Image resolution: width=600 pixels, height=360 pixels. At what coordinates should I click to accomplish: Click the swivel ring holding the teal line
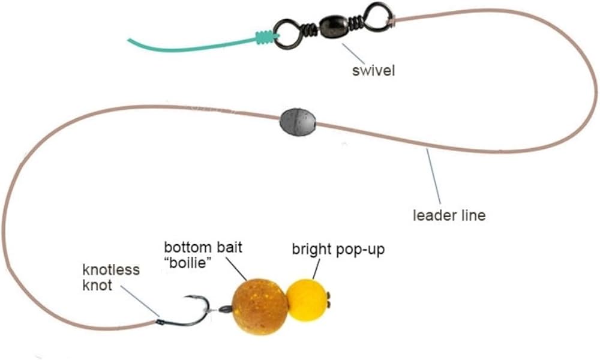287,32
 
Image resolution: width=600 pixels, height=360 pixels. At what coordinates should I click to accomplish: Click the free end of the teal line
131,41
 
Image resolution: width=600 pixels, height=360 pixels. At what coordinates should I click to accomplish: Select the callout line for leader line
433,177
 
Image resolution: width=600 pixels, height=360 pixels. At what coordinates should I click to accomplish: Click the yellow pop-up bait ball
308,298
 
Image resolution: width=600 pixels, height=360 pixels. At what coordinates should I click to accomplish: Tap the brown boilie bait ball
260,305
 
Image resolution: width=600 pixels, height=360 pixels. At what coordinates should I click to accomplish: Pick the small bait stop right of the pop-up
332,296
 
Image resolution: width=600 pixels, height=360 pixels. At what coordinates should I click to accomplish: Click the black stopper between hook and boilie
224,310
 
